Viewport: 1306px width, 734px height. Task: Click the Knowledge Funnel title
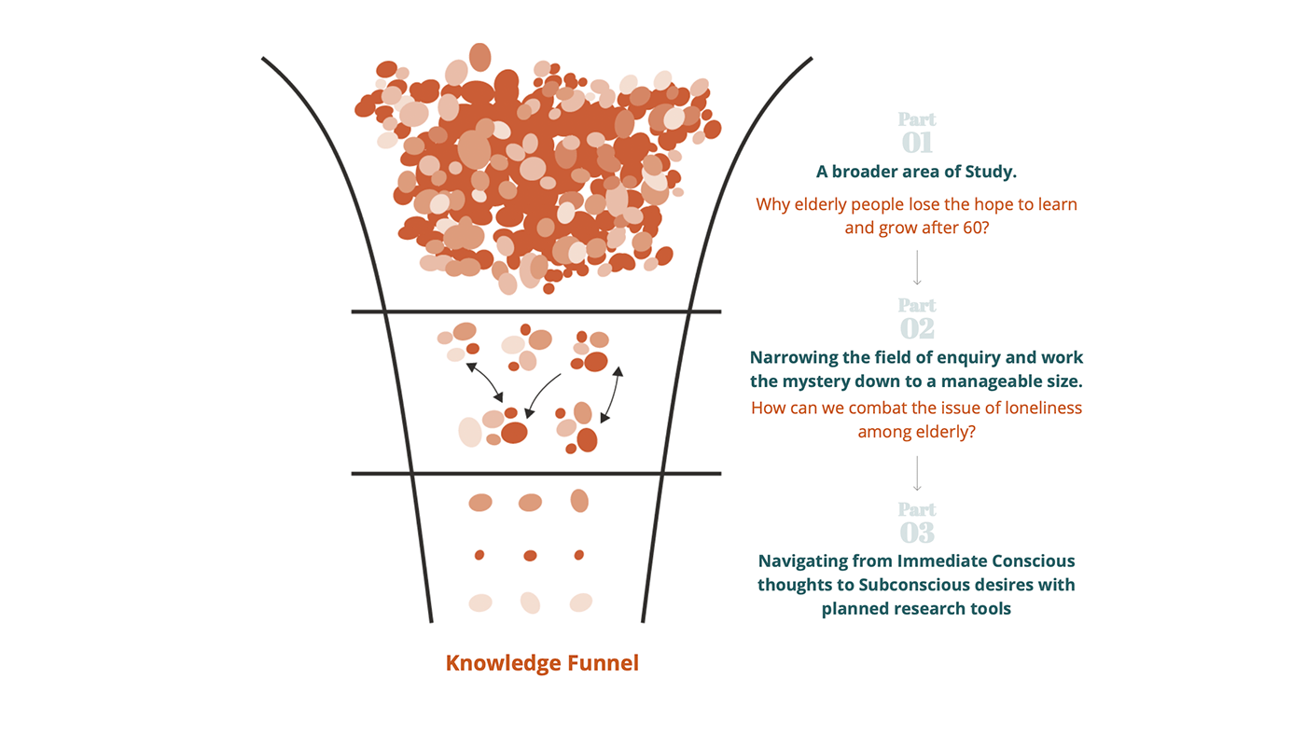point(542,663)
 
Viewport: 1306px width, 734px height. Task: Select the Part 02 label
point(917,318)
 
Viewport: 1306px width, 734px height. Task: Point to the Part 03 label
point(917,522)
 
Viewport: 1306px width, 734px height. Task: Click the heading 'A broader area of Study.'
point(916,172)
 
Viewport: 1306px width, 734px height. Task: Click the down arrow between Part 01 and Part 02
point(917,268)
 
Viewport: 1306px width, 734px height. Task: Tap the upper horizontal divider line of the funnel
point(535,312)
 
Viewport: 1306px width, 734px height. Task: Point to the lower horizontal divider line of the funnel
point(535,474)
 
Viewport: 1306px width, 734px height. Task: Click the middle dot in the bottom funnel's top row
point(530,503)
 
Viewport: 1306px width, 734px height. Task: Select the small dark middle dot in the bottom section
point(530,556)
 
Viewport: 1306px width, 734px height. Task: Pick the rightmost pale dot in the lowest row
point(580,602)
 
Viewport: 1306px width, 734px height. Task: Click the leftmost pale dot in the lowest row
point(480,602)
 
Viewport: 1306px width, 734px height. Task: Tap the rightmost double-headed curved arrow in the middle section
point(611,395)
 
